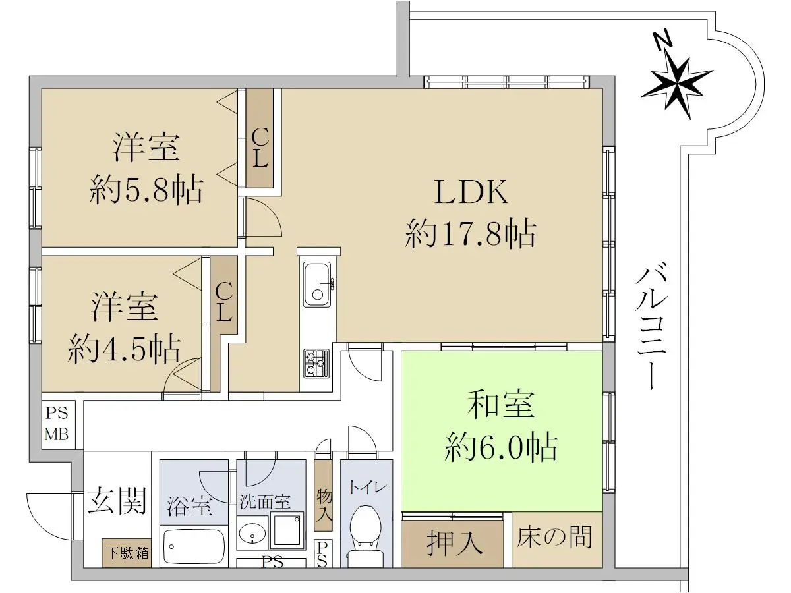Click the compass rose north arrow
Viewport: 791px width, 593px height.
pos(676,84)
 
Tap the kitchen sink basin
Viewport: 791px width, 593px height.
pos(317,285)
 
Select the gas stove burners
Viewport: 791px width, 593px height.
pos(316,363)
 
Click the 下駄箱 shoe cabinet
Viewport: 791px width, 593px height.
pos(127,553)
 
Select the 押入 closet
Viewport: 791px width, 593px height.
pos(453,544)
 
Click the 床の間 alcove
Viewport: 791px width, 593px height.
pos(557,540)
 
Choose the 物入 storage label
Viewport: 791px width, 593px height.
pos(324,506)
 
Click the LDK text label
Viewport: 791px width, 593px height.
pos(471,192)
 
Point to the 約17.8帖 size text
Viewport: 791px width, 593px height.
pos(471,234)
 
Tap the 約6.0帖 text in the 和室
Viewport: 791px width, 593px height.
pos(501,448)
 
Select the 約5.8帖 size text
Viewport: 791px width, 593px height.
pos(146,190)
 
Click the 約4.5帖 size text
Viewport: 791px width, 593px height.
pos(124,349)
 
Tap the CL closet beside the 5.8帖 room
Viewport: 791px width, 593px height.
pos(260,138)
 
